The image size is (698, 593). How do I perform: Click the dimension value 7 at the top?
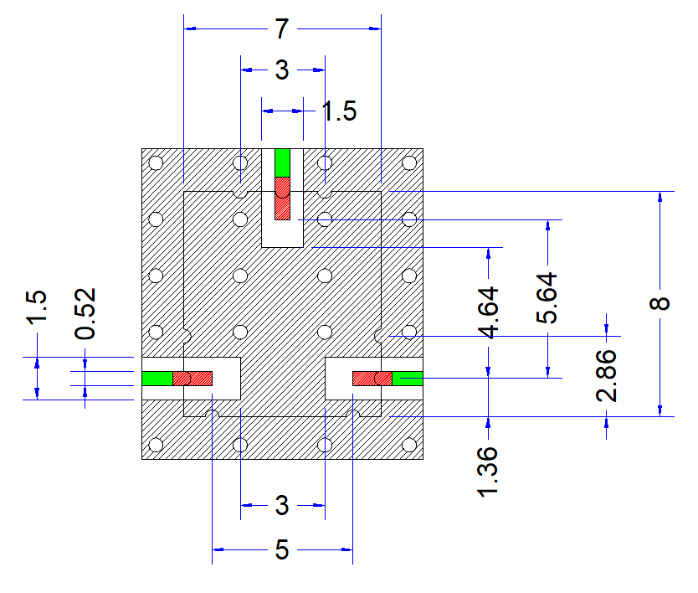click(x=282, y=29)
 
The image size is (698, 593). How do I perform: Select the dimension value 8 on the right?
click(x=660, y=303)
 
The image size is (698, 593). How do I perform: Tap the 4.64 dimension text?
click(x=488, y=312)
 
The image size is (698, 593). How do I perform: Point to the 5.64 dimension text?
click(x=547, y=297)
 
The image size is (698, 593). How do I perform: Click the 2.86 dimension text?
click(x=606, y=375)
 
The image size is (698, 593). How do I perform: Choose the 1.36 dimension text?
click(x=488, y=472)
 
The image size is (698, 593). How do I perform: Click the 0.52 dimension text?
click(x=85, y=313)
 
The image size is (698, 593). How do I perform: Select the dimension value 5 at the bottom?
click(x=282, y=549)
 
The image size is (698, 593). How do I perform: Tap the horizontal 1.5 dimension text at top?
click(x=339, y=111)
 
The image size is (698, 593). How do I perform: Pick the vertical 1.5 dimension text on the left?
click(x=37, y=307)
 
